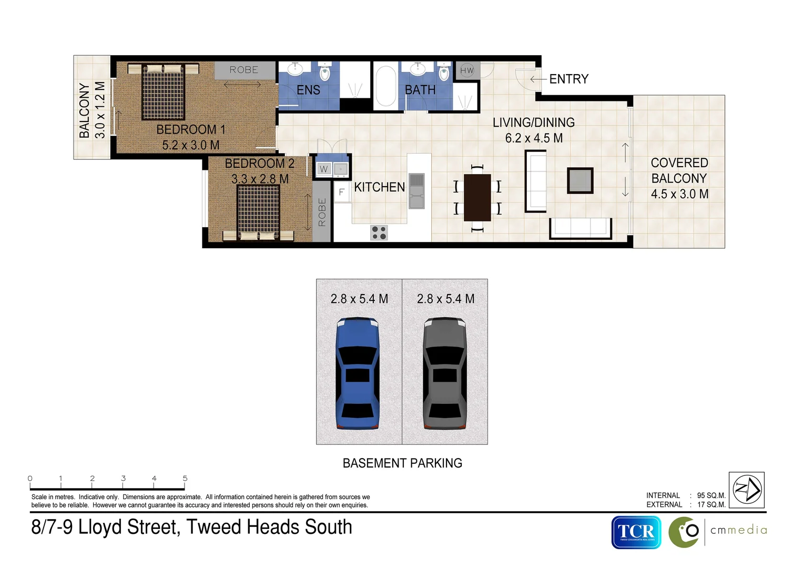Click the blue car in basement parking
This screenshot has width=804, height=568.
pos(358,373)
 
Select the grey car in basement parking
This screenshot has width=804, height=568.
pos(444,373)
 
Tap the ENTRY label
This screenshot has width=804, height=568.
pos(568,79)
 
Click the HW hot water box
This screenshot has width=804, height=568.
pos(467,70)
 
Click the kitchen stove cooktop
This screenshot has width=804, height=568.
pos(379,232)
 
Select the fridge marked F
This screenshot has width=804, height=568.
pos(342,192)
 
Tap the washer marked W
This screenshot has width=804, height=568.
pos(323,169)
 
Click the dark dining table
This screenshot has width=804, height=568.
pos(477,197)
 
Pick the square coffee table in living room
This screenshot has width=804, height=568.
pos(580,180)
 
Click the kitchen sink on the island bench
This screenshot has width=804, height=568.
pos(416,191)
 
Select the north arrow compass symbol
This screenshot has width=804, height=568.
pos(747,489)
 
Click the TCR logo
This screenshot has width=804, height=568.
pos(636,532)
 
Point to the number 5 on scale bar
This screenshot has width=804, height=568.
pos(185,478)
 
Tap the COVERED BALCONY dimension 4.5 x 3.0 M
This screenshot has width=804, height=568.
pos(679,194)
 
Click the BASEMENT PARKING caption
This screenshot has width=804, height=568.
pos(402,463)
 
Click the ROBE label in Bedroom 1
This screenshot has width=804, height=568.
pos(244,70)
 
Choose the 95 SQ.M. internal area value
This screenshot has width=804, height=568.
pos(711,495)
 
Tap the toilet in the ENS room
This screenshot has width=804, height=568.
pos(324,72)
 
